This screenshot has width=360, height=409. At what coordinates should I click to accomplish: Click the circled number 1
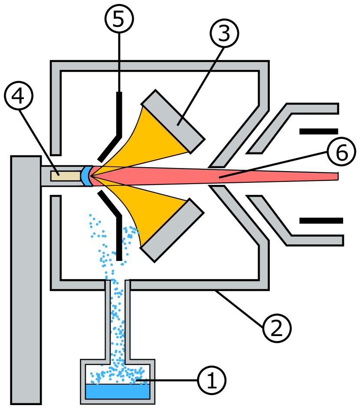[x=212, y=381]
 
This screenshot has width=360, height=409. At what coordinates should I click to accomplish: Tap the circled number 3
[x=224, y=33]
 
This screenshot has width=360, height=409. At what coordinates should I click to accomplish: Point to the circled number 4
[x=19, y=96]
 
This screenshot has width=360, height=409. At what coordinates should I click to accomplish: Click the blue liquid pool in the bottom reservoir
[x=118, y=391]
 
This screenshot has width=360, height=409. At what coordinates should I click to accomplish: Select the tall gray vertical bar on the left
[x=26, y=280]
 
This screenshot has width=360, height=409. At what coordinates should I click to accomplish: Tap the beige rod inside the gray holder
[x=65, y=176]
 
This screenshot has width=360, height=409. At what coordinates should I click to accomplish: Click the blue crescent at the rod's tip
[x=85, y=176]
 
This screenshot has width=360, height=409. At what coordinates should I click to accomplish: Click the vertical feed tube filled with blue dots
[x=118, y=321]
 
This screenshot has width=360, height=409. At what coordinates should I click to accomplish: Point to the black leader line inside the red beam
[x=235, y=174]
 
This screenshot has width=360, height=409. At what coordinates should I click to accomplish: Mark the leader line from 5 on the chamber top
[x=119, y=66]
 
